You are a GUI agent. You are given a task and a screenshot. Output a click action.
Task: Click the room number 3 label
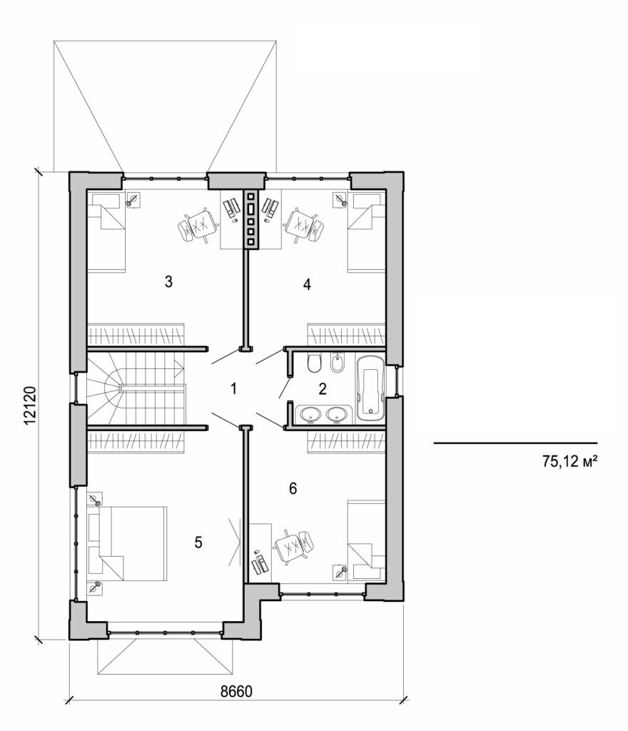click(x=168, y=281)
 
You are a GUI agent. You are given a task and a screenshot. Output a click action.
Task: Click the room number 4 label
click(x=307, y=285)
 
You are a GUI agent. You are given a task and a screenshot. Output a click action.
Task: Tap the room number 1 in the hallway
click(x=233, y=388)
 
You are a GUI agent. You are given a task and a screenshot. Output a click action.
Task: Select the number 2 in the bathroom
click(x=323, y=389)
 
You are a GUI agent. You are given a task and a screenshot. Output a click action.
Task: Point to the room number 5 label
click(x=198, y=543)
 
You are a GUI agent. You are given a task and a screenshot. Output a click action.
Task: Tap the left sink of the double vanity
click(x=310, y=413)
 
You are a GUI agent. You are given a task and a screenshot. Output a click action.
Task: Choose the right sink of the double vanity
click(x=335, y=413)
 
